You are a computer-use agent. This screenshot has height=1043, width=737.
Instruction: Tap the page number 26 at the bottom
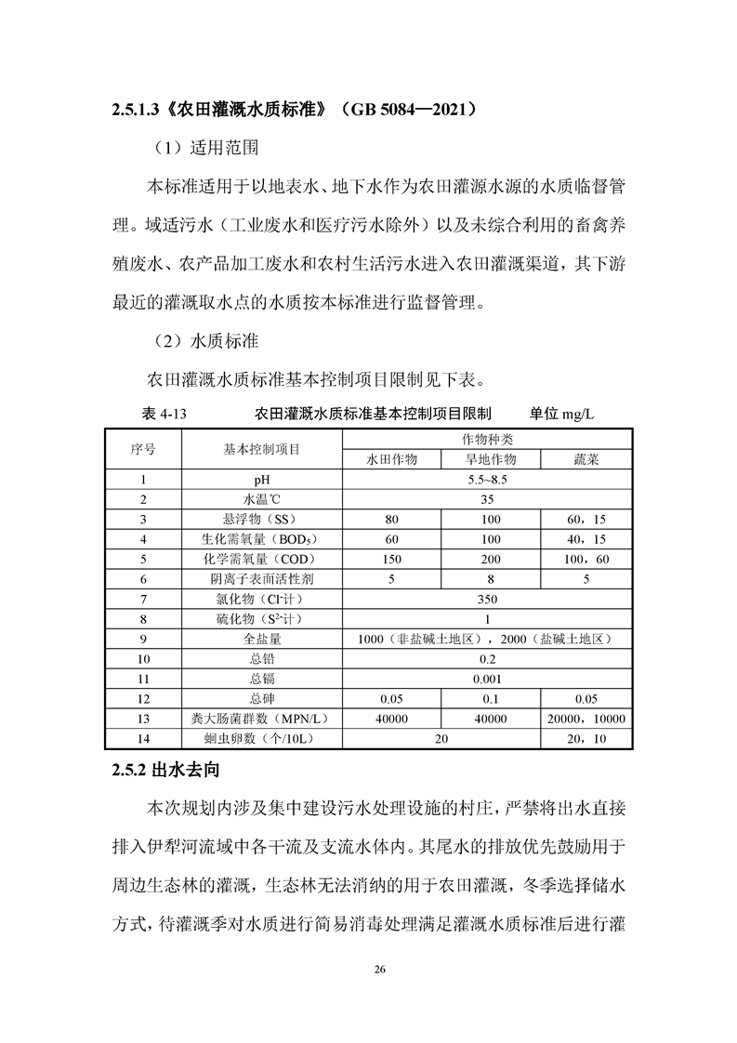(378, 970)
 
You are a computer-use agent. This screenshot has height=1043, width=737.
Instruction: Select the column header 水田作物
(391, 459)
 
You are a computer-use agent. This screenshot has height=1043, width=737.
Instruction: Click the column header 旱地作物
(490, 459)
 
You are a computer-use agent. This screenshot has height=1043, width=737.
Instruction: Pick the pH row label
(261, 480)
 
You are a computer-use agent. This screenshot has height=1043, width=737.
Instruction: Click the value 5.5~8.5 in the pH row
(489, 480)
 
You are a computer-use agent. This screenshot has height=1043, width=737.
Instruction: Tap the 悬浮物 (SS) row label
(261, 519)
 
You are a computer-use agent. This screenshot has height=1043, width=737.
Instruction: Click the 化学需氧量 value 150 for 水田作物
(391, 559)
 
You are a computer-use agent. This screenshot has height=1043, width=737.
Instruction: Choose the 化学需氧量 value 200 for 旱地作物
(490, 559)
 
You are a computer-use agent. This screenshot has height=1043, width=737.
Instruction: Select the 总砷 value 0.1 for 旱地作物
(490, 699)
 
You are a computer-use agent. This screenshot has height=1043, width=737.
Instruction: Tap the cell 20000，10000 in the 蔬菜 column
(587, 719)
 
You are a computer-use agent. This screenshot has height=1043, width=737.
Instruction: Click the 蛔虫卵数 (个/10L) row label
(261, 739)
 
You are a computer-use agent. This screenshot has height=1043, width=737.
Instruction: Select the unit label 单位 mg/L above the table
(561, 415)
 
